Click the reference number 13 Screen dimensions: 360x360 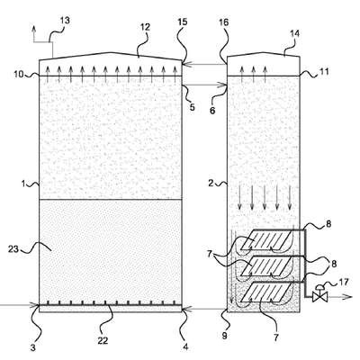(65, 21)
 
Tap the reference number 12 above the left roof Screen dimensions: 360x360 (145, 27)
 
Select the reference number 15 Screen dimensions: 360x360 (182, 22)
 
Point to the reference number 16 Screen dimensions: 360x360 (223, 22)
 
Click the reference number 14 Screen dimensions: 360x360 (294, 33)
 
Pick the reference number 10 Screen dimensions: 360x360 (19, 74)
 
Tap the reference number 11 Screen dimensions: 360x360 (324, 72)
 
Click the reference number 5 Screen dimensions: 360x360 (192, 107)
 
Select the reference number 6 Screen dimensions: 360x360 (212, 111)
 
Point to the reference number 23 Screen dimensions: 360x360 (13, 248)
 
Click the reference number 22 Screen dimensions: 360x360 (103, 340)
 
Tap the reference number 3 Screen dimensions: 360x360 (33, 347)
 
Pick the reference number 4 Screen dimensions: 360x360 (185, 347)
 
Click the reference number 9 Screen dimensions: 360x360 (225, 337)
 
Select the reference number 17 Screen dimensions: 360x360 (344, 283)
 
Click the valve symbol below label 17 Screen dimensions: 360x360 (319, 295)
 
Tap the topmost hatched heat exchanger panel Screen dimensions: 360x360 (267, 239)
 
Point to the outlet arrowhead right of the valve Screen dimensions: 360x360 (348, 297)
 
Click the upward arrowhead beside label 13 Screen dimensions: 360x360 (33, 28)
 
